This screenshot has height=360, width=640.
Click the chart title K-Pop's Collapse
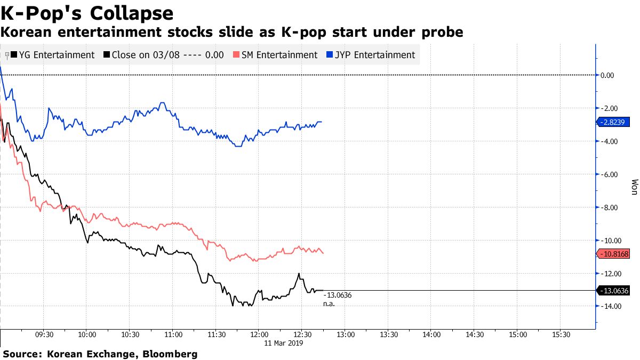click(x=87, y=13)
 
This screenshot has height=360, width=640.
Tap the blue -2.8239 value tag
click(x=618, y=122)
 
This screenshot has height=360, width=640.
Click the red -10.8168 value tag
click(x=618, y=254)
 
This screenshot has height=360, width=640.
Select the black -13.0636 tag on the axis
click(x=618, y=291)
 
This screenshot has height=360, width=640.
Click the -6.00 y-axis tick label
click(x=609, y=174)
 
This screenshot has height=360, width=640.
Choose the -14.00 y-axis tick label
click(x=609, y=306)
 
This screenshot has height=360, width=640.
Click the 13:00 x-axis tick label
click(x=345, y=335)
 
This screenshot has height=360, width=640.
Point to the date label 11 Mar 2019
click(x=284, y=344)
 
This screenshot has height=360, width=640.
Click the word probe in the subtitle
click(x=441, y=33)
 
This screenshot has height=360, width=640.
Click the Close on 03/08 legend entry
click(x=164, y=55)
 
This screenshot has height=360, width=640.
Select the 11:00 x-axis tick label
click(x=173, y=335)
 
